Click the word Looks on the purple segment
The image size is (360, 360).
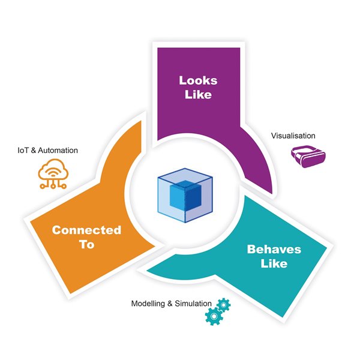198,80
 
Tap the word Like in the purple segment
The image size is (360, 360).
198,95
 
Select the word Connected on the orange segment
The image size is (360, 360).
86,230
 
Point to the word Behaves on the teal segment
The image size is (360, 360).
274,249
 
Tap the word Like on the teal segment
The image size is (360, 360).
274,263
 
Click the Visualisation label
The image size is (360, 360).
293,136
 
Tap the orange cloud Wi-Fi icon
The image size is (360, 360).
53,175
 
